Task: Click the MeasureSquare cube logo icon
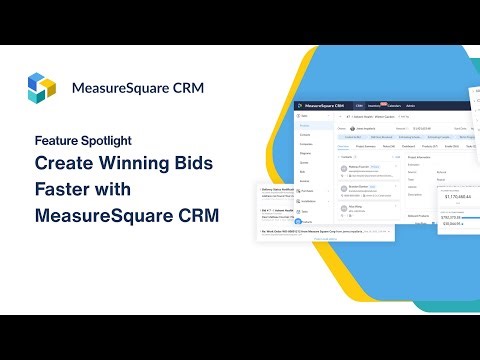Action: point(43,87)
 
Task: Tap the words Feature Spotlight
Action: point(83,140)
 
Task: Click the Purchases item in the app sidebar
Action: point(309,190)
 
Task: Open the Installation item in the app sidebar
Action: point(310,200)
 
